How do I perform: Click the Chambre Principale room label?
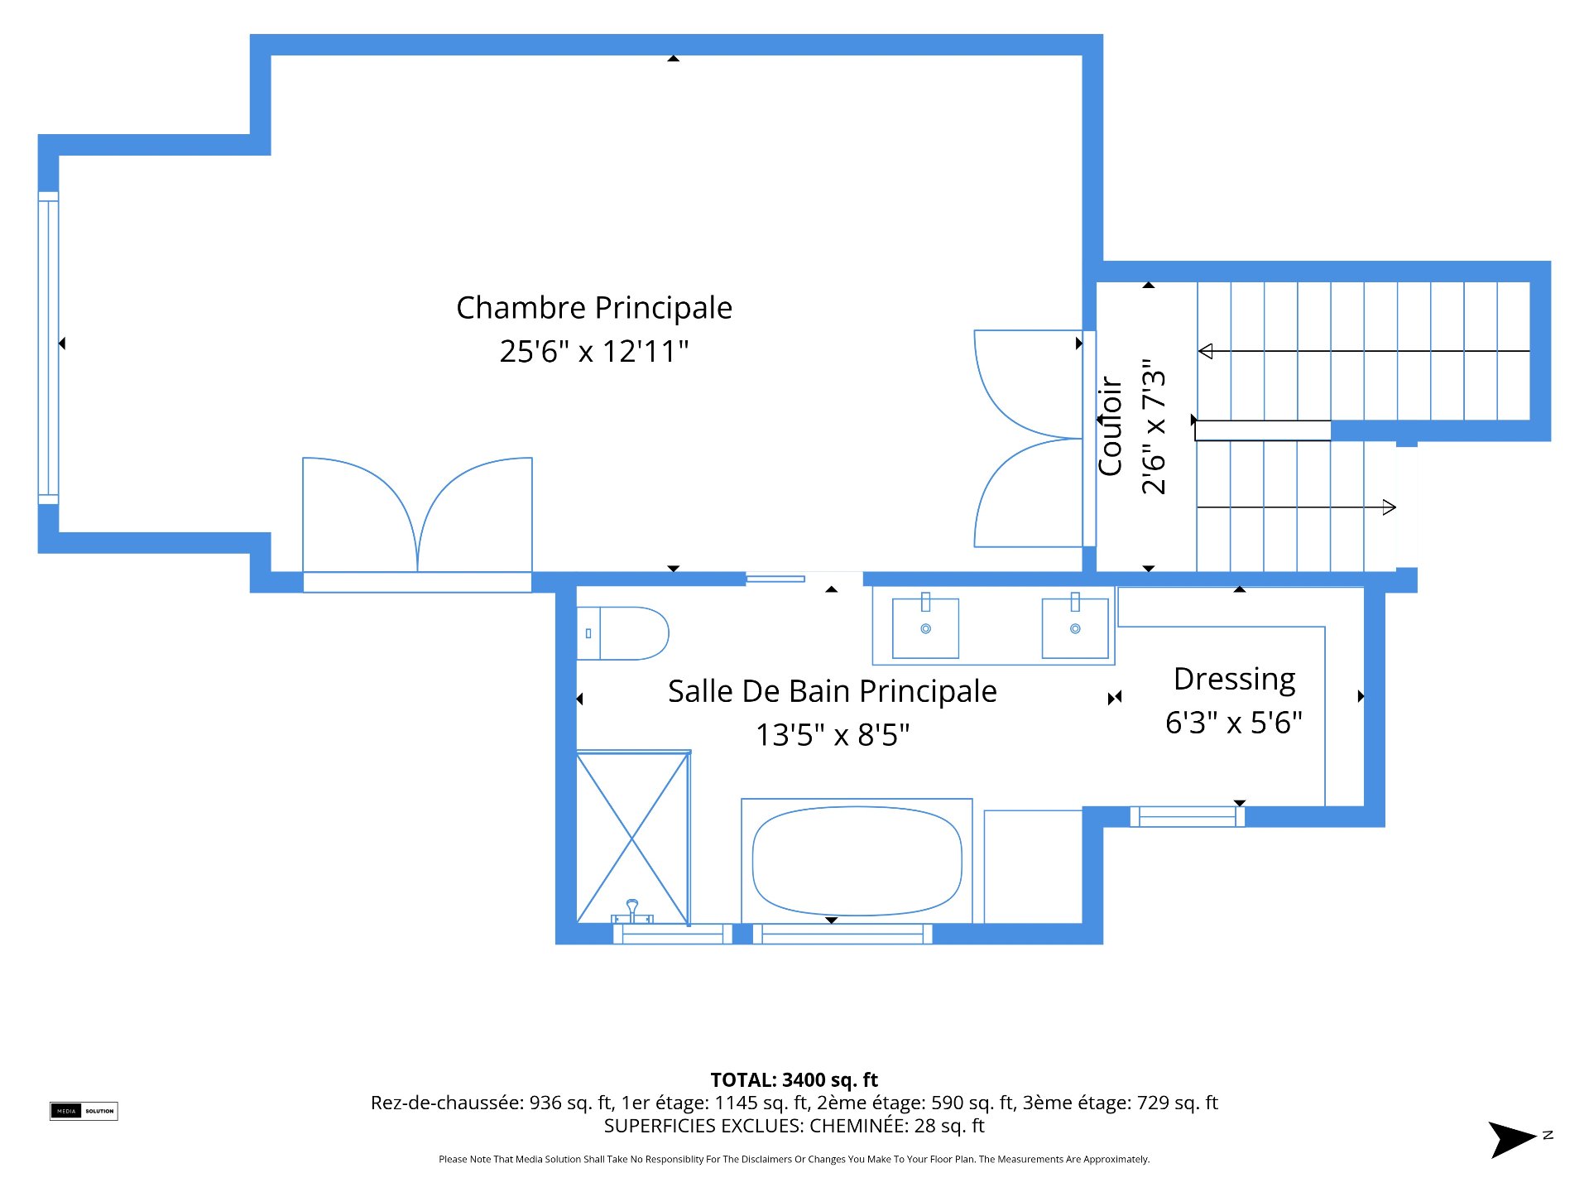594,308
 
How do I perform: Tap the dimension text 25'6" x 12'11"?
594,352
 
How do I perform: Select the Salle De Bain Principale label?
833,691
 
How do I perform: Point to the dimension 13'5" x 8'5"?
833,735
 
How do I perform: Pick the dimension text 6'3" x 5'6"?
1234,723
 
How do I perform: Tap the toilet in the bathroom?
622,633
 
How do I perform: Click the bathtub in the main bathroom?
857,861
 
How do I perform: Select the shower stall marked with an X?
633,837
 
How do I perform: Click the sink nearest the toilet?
925,627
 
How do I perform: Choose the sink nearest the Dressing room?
1075,627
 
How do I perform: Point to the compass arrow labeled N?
1513,1140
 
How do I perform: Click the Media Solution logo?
84,1111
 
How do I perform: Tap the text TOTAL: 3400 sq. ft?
794,1080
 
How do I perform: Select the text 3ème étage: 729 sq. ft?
1121,1103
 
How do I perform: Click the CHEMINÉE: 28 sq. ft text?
897,1126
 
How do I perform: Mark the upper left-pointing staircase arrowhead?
1206,351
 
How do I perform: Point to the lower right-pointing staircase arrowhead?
1390,507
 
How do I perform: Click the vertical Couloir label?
1110,427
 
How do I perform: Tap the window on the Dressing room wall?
1188,816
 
